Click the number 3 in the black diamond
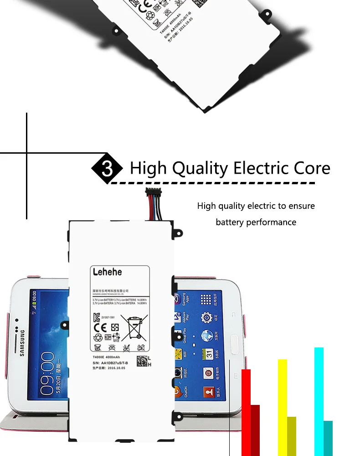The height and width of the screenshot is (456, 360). coord(107,169)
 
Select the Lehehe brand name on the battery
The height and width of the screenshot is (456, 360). coord(107,272)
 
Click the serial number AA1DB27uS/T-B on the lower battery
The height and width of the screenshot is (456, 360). coord(113,363)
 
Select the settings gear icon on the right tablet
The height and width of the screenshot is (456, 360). coord(207,317)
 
